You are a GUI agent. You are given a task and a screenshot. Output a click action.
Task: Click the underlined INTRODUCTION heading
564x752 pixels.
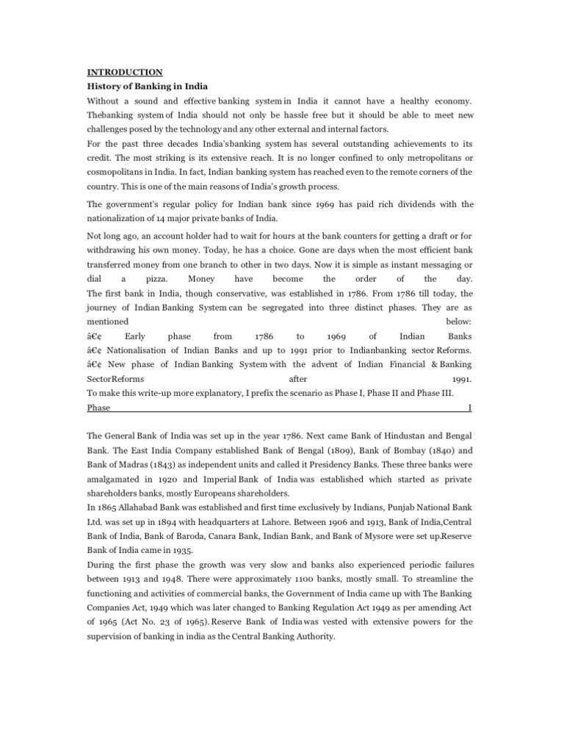point(125,72)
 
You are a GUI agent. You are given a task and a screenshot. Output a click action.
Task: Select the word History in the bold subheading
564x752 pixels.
point(104,86)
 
